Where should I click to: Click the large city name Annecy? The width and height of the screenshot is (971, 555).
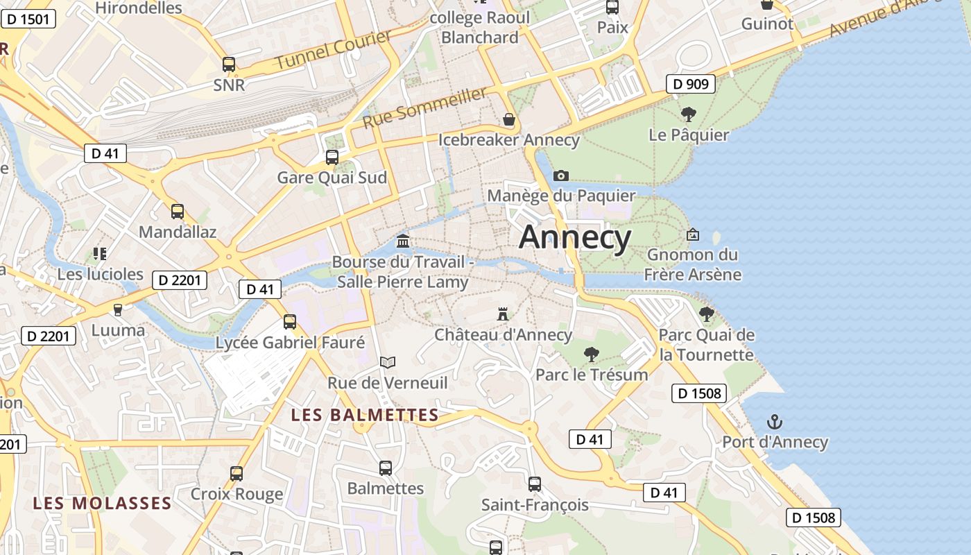pyautogui.click(x=575, y=238)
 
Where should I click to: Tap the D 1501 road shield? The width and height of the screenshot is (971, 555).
pyautogui.click(x=28, y=19)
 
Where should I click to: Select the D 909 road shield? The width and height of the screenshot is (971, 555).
pyautogui.click(x=691, y=84)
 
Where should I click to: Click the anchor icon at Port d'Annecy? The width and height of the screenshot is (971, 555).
pyautogui.click(x=774, y=422)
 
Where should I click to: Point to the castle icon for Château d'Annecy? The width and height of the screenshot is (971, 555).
pyautogui.click(x=503, y=314)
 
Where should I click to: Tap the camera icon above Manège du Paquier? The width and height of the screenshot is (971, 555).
pyautogui.click(x=561, y=176)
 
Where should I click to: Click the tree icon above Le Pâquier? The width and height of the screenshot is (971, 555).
pyautogui.click(x=688, y=114)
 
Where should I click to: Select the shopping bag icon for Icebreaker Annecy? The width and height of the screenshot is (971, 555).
pyautogui.click(x=509, y=120)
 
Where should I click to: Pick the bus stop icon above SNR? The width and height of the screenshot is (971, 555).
pyautogui.click(x=229, y=65)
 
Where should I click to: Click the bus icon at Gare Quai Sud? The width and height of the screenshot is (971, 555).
pyautogui.click(x=332, y=157)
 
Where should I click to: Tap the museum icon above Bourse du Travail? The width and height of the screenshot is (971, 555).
pyautogui.click(x=402, y=241)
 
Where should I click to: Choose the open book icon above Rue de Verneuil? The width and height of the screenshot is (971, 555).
pyautogui.click(x=388, y=362)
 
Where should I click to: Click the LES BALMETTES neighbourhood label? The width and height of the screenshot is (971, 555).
pyautogui.click(x=365, y=416)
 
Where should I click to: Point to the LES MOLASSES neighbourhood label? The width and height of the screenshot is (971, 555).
pyautogui.click(x=102, y=503)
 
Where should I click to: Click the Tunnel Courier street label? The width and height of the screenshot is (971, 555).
pyautogui.click(x=334, y=50)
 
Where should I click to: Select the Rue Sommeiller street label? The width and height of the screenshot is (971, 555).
pyautogui.click(x=424, y=108)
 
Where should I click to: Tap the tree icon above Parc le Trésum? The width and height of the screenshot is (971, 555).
pyautogui.click(x=592, y=355)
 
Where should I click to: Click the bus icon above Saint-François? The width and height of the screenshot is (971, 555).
pyautogui.click(x=534, y=484)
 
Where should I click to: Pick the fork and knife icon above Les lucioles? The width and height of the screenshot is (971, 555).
pyautogui.click(x=100, y=254)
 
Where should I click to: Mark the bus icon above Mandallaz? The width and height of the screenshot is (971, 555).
pyautogui.click(x=178, y=212)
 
